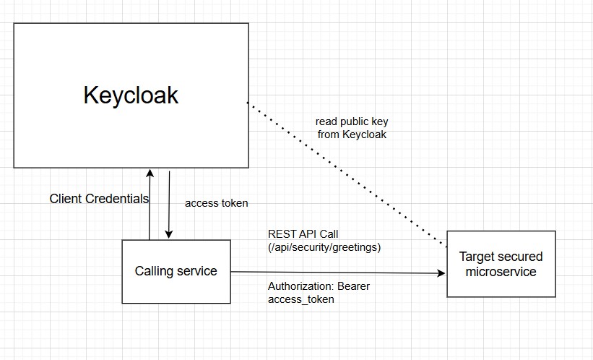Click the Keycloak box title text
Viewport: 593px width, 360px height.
[131, 95]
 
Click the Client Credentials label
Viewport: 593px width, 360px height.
[99, 198]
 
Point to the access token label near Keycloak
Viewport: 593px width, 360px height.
[216, 203]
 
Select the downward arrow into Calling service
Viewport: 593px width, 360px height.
[168, 206]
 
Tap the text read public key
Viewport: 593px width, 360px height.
[352, 121]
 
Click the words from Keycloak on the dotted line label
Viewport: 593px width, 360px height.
[352, 134]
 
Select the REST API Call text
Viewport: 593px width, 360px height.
[303, 234]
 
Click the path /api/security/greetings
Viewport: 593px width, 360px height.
[324, 247]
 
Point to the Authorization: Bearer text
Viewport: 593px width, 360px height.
[319, 286]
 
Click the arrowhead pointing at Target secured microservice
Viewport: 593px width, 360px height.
[441, 273]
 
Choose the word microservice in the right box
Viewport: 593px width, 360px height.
[501, 272]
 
